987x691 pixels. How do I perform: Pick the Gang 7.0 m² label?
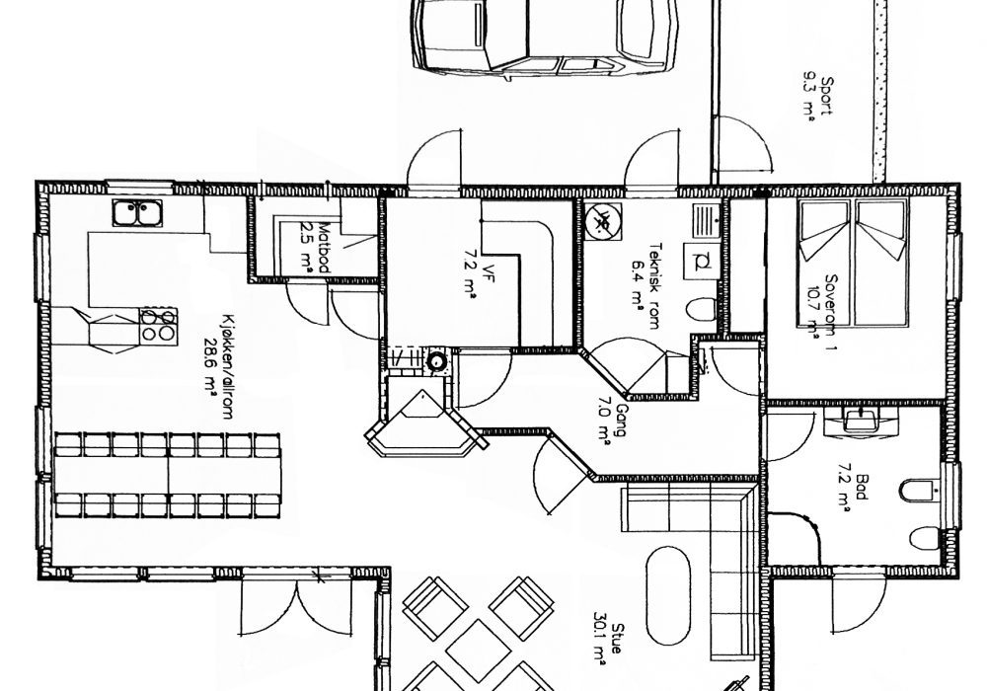click(612, 422)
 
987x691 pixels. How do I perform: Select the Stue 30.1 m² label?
click(608, 645)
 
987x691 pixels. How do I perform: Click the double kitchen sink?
click(137, 212)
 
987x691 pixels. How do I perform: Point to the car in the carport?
click(546, 38)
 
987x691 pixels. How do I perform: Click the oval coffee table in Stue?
click(668, 595)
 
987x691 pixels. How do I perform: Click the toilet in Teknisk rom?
click(701, 309)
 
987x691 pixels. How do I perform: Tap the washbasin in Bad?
click(860, 420)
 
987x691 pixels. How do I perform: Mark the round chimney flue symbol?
click(435, 361)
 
